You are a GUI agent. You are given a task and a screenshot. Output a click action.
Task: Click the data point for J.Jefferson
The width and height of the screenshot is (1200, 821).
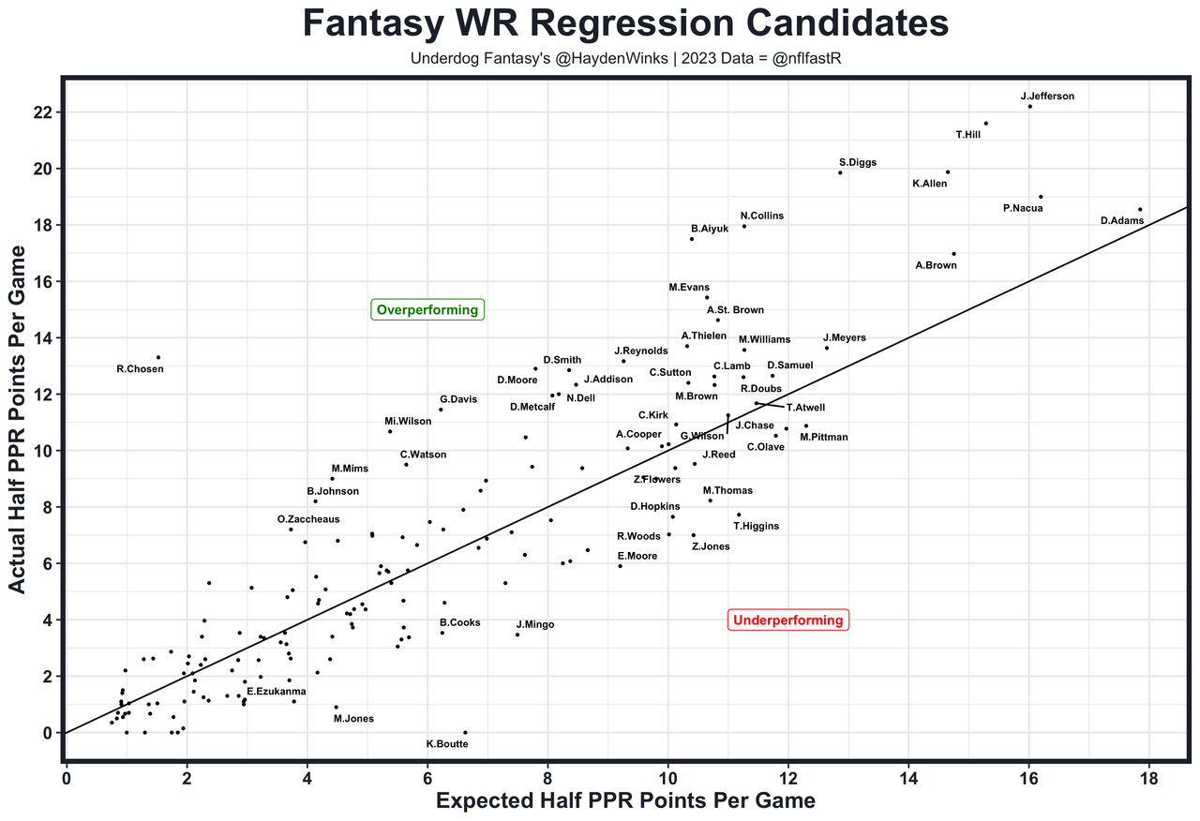[1029, 106]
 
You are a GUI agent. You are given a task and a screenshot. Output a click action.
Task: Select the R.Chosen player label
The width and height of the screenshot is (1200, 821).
[140, 369]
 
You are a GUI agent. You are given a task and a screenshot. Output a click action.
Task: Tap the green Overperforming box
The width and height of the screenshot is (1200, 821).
[427, 310]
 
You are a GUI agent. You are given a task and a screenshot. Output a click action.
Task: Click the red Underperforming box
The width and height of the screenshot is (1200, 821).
[787, 620]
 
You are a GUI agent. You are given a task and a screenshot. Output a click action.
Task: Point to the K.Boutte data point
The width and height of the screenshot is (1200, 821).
[465, 732]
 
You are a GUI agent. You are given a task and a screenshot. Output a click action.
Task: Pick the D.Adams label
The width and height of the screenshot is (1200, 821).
[1121, 221]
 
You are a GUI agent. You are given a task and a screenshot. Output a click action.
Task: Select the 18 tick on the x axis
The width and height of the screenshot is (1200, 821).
[1148, 780]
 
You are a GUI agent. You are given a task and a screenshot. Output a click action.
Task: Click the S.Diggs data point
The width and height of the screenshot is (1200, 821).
[840, 172]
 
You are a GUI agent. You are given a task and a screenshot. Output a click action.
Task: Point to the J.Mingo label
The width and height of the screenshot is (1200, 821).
[534, 624]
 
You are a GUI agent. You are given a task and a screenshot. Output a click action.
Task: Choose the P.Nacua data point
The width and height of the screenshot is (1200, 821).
[1041, 197]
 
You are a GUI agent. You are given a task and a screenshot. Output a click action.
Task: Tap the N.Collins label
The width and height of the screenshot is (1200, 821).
[761, 216]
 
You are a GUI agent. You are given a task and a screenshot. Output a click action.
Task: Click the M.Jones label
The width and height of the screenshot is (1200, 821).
[353, 719]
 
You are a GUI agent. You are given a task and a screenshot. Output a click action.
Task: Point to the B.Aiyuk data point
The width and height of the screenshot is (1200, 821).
[692, 239]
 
